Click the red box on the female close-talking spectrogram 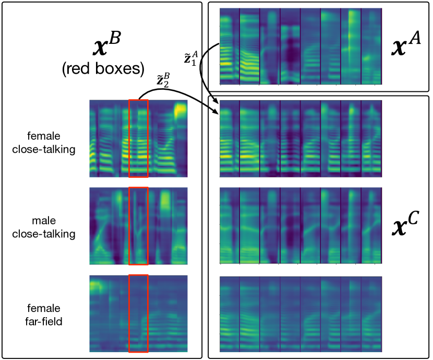(138, 138)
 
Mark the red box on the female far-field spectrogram (138, 313)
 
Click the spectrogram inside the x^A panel (301, 46)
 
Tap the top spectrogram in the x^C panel (301, 138)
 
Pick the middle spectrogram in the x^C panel (301, 226)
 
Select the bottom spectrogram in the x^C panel (301, 313)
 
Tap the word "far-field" (45, 321)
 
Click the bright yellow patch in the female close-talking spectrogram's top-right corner (181, 110)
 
